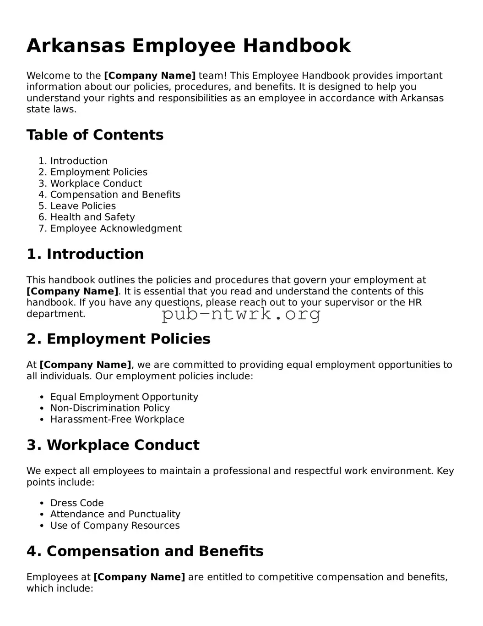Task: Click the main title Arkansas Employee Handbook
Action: (x=189, y=46)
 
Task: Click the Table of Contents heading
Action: (x=95, y=135)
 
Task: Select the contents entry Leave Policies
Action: (x=83, y=206)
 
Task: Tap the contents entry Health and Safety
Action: (x=92, y=217)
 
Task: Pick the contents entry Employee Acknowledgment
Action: (x=116, y=228)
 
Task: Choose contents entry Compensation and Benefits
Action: (x=115, y=194)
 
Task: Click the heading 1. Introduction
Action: (x=85, y=254)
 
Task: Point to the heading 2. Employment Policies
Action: (x=119, y=339)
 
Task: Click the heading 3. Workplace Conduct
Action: (x=113, y=445)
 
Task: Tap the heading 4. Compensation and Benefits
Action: (x=145, y=551)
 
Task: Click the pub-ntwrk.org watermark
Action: (x=241, y=314)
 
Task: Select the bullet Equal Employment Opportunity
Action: (x=124, y=397)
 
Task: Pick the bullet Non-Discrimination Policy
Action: (x=110, y=408)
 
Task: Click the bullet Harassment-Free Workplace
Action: (x=117, y=419)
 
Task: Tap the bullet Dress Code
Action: (x=77, y=503)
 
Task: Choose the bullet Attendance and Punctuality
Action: (x=115, y=514)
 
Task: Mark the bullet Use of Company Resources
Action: (x=115, y=526)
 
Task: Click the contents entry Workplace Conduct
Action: (x=96, y=183)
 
